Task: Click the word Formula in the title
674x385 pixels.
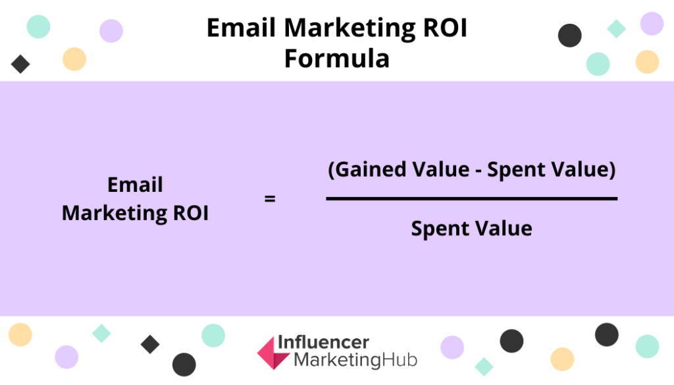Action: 336,59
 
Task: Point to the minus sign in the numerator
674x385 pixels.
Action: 482,171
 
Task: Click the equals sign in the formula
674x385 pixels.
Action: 270,198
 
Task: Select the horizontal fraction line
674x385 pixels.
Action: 471,198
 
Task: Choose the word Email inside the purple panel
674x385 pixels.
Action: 135,185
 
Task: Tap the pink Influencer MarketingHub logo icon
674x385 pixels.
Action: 273,352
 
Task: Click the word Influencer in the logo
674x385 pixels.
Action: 323,342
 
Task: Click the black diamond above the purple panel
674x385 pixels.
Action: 20,64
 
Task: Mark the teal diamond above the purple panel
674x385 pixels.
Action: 616,28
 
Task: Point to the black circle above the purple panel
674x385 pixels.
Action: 569,35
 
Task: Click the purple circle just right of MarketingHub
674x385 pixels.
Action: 452,347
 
